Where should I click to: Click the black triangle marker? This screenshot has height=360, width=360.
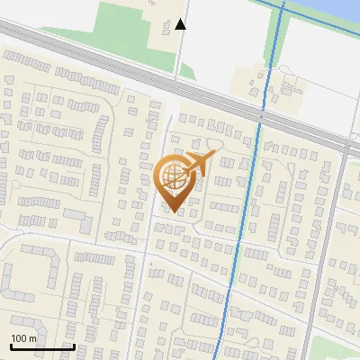181,24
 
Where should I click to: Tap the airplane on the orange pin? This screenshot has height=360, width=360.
196,165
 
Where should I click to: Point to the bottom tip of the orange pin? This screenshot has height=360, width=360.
175,212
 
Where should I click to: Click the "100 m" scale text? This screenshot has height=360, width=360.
23,338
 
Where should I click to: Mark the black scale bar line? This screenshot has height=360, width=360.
41,346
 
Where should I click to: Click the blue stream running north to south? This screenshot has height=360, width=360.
252,180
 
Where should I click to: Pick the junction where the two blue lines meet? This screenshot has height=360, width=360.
283,6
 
